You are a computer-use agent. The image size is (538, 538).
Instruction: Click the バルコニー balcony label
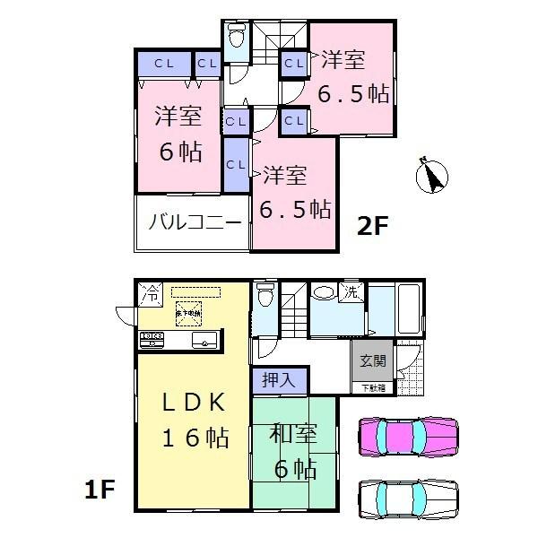click(x=195, y=221)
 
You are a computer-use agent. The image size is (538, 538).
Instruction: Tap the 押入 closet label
click(x=278, y=380)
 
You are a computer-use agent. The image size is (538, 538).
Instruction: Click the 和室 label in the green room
click(x=293, y=435)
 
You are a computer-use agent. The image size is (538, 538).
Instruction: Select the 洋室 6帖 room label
click(x=178, y=133)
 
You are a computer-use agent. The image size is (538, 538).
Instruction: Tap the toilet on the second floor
click(x=237, y=39)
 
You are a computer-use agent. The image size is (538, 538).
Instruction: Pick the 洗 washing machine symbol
click(x=352, y=293)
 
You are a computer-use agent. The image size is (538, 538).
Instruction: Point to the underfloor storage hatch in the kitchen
click(x=188, y=313)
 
